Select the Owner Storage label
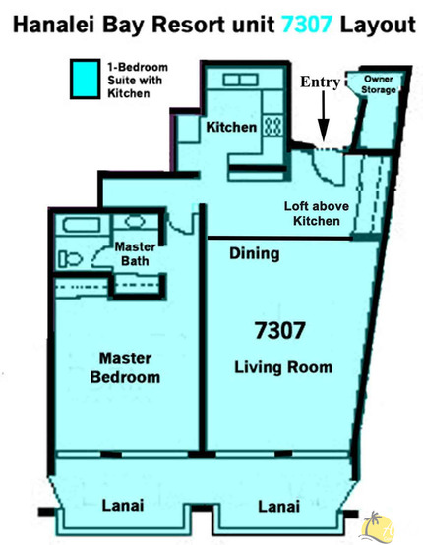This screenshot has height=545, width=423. [379, 84]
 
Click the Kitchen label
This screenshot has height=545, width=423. [231, 128]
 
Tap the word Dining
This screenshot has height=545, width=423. [254, 254]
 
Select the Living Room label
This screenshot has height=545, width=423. [283, 368]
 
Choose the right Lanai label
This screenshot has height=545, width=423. [280, 507]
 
